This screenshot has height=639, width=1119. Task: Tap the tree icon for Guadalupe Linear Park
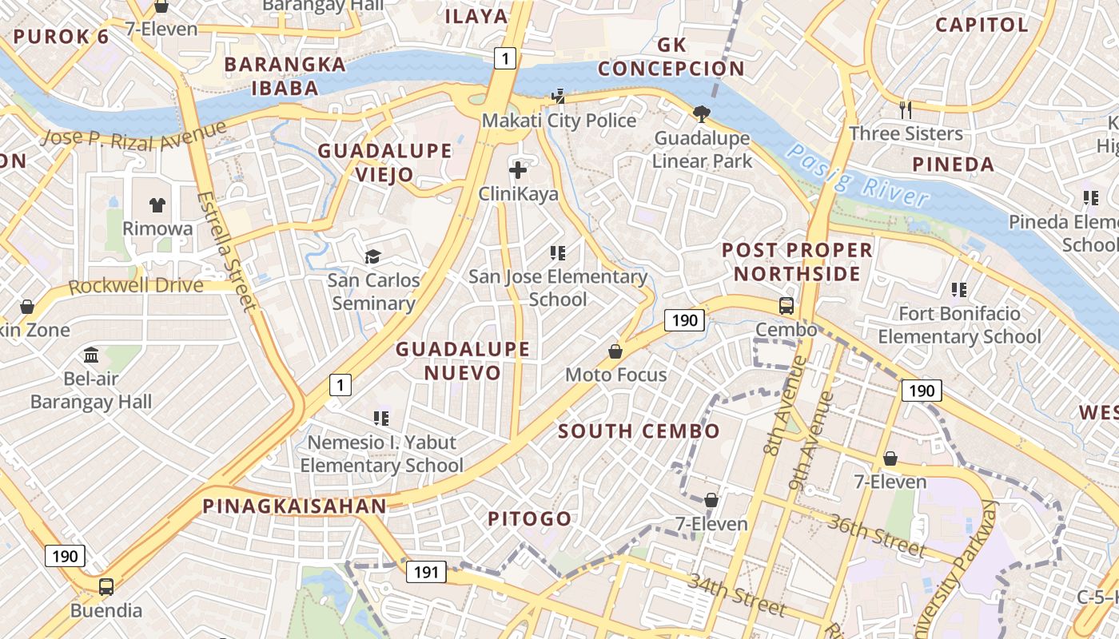[702, 114]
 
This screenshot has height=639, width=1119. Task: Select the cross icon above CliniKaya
[518, 169]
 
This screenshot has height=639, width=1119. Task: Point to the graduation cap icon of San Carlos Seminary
[372, 256]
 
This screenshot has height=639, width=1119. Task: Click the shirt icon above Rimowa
[157, 205]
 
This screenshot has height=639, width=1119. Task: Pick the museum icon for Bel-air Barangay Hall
[91, 355]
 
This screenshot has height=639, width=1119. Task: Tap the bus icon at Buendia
[106, 587]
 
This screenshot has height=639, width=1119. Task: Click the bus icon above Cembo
[786, 305]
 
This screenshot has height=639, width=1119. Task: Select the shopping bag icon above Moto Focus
[615, 351]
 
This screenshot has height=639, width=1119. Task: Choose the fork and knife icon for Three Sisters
[906, 110]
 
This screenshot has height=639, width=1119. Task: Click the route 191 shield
[426, 571]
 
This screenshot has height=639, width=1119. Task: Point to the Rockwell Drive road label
[136, 285]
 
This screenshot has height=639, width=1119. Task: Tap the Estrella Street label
[228, 250]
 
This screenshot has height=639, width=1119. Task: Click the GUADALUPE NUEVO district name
[463, 360]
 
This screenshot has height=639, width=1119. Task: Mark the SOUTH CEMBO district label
[639, 431]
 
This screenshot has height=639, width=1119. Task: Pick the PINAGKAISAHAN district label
[294, 506]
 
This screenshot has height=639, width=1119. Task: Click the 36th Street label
[876, 536]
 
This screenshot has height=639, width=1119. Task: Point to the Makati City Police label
[559, 121]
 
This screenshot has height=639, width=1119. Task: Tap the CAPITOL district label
[982, 25]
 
